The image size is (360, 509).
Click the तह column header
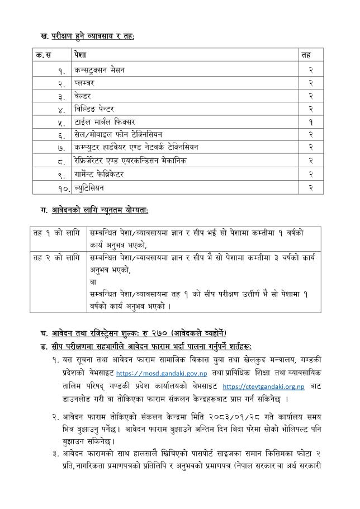pos(306,55)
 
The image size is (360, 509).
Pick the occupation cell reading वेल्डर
pos(84,95)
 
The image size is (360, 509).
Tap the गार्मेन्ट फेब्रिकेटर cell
pos(99,173)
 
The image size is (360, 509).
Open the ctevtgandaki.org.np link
pos(263,387)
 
